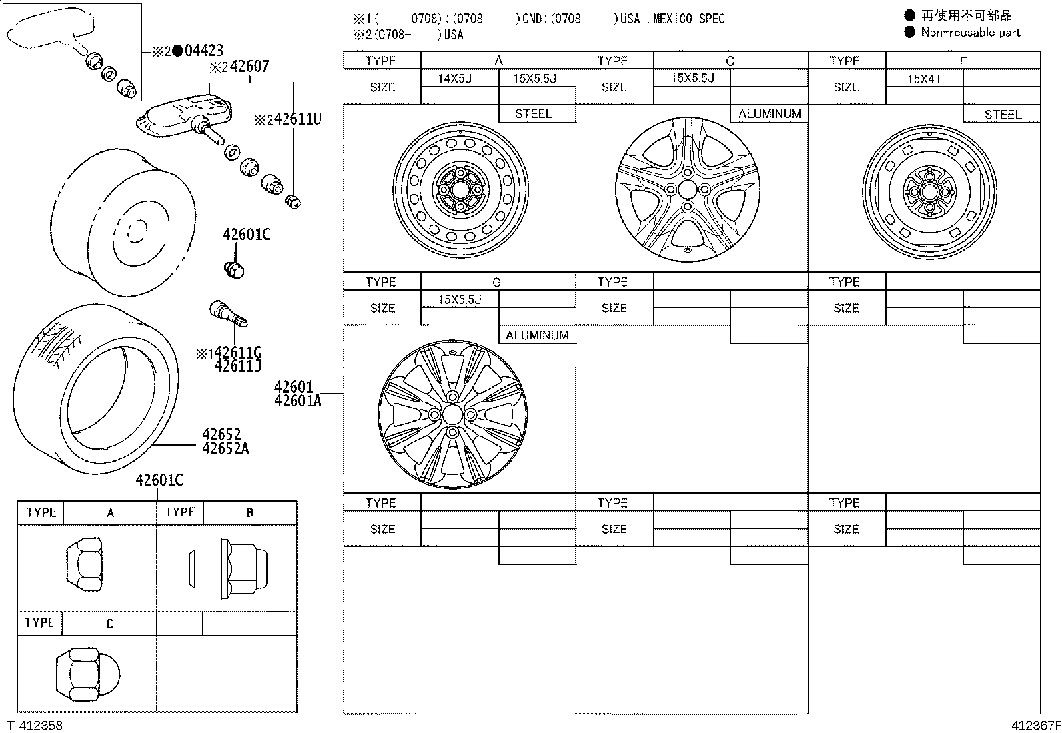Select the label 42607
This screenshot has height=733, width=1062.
click(x=249, y=67)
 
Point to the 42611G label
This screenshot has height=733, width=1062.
click(x=238, y=353)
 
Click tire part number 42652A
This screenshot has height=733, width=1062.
click(x=225, y=449)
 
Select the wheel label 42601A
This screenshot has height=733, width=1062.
click(x=298, y=401)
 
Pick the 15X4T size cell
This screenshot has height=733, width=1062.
click(x=924, y=79)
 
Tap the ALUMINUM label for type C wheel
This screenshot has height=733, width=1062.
click(x=769, y=114)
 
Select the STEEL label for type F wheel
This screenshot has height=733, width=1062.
click(x=1002, y=114)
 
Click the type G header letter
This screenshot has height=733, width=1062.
click(x=496, y=282)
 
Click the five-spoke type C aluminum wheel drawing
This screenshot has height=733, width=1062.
click(x=688, y=189)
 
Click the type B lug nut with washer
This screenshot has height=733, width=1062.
click(x=226, y=568)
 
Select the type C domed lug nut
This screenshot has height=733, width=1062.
click(x=88, y=672)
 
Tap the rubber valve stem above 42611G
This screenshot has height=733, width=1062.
click(x=228, y=313)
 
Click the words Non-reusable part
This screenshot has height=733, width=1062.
click(x=970, y=32)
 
